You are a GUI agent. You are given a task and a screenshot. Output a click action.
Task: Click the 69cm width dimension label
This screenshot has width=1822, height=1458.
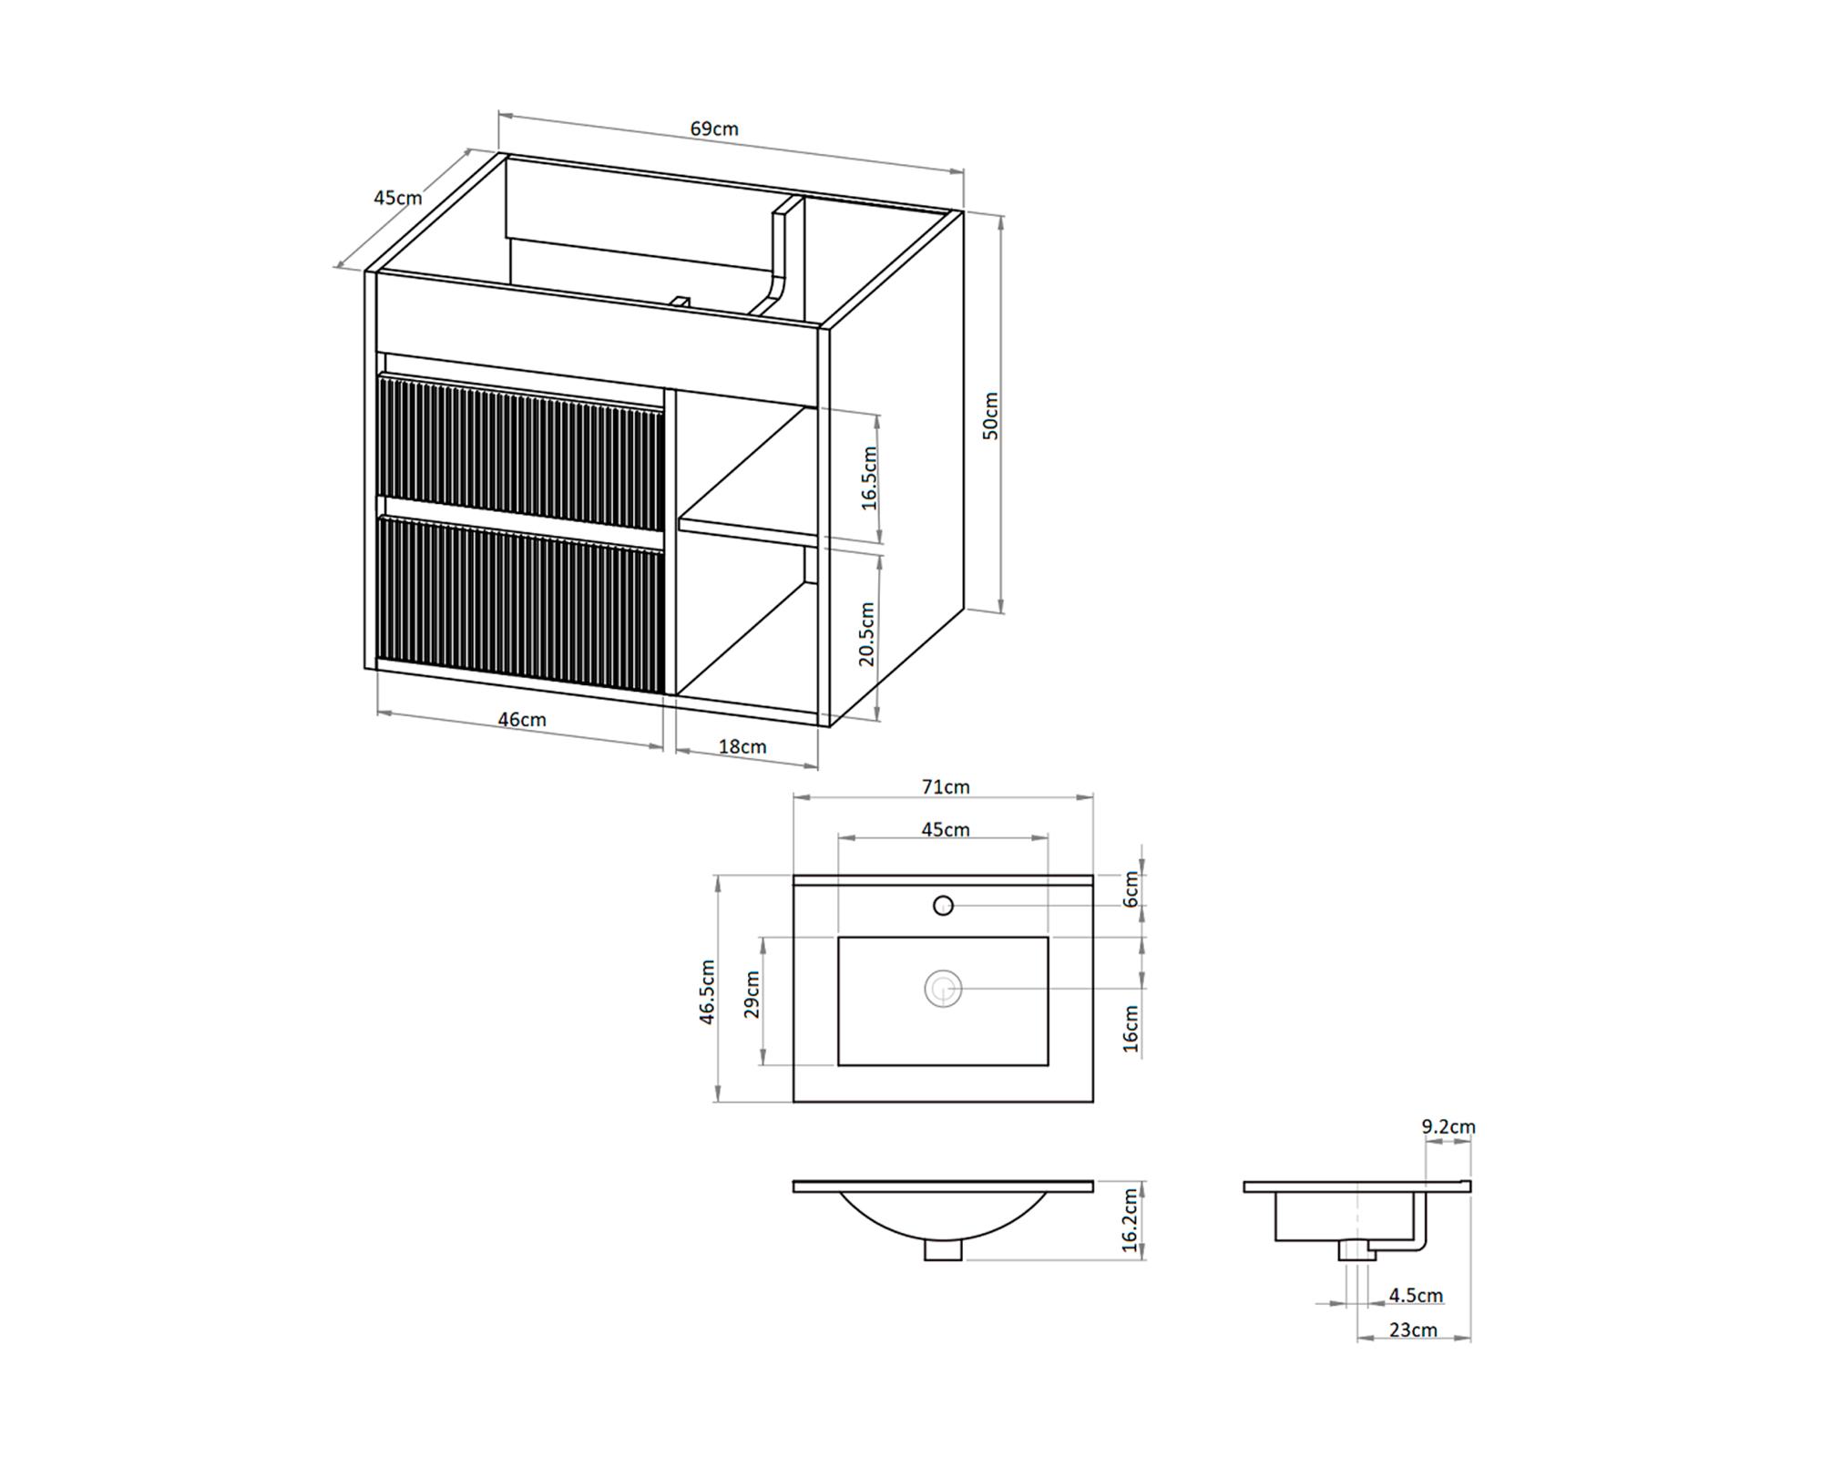713,128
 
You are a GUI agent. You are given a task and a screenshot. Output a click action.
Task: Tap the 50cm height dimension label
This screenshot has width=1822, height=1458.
991,416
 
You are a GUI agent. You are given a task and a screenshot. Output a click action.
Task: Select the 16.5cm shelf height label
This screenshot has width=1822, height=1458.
869,478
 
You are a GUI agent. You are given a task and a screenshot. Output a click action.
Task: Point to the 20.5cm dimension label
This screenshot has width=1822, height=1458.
866,634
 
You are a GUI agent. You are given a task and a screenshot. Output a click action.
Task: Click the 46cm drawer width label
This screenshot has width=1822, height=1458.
522,720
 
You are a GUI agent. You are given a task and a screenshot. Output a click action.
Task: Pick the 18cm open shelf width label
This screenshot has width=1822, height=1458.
742,747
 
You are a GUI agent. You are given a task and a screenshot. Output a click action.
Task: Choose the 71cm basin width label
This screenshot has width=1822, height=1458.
946,786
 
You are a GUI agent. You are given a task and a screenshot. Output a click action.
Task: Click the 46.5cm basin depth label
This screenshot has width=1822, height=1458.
708,992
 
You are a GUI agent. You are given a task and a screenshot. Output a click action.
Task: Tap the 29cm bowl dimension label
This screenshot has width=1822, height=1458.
752,994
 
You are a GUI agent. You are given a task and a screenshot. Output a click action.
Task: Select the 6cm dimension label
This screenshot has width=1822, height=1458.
1131,888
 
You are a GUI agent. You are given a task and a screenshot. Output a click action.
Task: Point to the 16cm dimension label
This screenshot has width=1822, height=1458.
1131,1029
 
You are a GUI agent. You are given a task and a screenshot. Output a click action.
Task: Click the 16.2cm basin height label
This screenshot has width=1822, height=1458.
1131,1219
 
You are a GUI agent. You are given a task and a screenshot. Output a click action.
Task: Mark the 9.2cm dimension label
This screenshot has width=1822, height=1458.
1448,1127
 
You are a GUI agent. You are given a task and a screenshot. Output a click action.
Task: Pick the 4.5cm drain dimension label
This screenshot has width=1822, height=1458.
1416,1295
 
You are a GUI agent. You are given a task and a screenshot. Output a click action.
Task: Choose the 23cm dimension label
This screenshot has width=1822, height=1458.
1413,1330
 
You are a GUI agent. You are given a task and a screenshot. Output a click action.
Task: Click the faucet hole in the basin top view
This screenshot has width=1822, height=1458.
943,906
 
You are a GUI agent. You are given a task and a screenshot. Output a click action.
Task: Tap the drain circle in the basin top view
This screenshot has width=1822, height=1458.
943,989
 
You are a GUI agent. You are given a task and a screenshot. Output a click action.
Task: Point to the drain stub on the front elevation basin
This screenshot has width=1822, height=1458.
943,1250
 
